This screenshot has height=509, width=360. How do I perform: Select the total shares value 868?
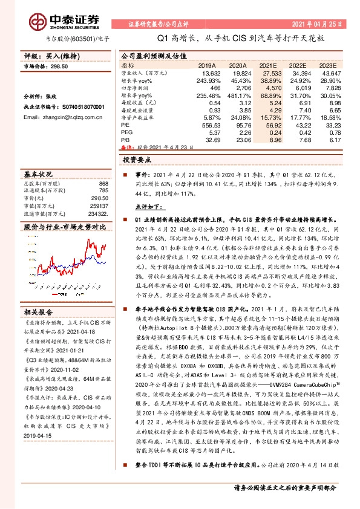tap(103, 183)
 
